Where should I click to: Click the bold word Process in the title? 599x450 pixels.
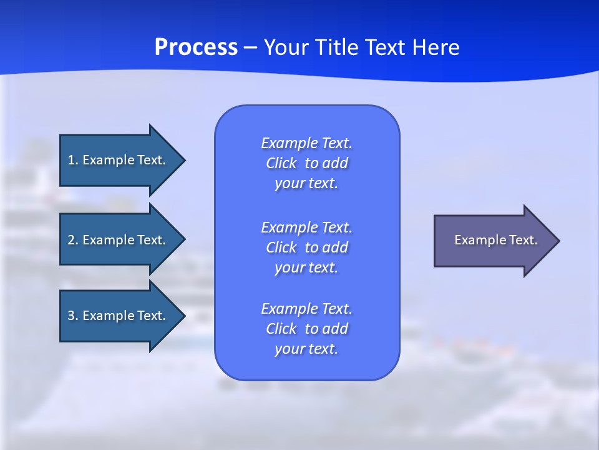point(196,47)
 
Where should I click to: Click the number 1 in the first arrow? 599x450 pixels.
point(71,160)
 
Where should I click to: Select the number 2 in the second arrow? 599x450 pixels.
point(71,240)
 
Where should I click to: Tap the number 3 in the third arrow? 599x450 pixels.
point(71,316)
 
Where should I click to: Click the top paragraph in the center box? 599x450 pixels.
point(306,163)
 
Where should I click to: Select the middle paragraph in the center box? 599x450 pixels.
point(306,247)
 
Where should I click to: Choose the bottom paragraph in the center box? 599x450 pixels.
point(306,329)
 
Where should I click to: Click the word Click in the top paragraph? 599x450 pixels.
point(281,163)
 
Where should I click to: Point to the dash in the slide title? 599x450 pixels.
point(250,47)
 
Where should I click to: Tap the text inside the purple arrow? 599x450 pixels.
point(495,240)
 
